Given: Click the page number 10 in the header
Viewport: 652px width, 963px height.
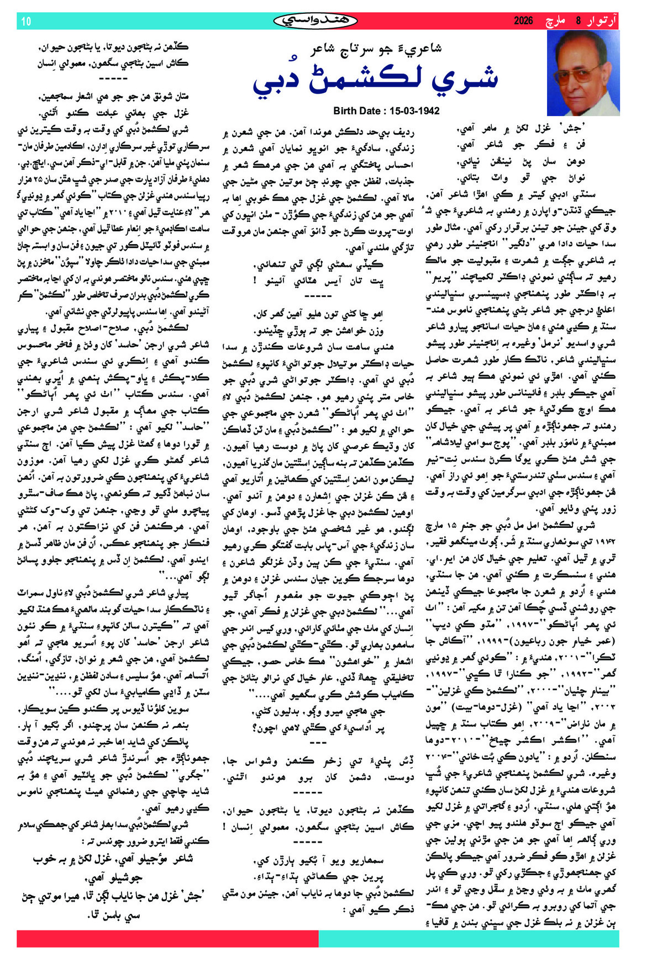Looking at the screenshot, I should click(x=27, y=21).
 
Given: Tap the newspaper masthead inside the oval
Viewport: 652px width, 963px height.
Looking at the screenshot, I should click(x=315, y=20).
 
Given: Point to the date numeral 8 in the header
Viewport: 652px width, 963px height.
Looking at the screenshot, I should click(x=579, y=21).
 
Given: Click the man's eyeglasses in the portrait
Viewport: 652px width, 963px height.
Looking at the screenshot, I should click(x=582, y=72).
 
